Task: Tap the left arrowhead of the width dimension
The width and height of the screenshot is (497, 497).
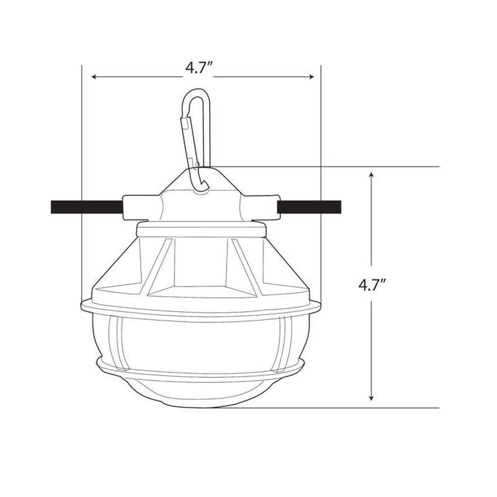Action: coord(94,77)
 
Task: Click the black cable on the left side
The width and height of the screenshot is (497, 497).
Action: coord(86,207)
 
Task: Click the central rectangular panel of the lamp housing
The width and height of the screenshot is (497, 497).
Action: coord(200,262)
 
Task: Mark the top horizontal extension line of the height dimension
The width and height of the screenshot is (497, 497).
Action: coord(331,166)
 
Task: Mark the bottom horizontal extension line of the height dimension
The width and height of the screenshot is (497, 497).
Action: coord(331,408)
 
